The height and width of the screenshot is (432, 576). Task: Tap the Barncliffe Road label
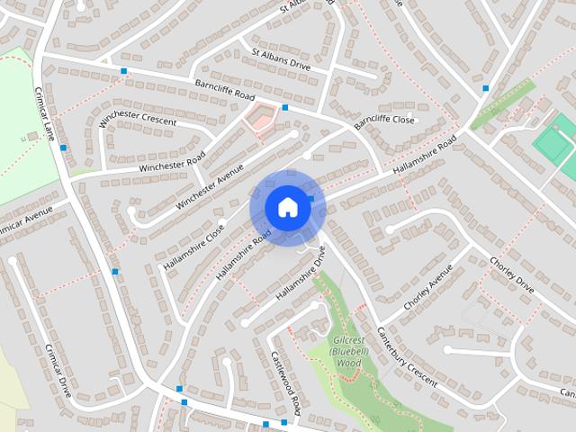224,90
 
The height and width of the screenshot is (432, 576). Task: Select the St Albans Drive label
280,59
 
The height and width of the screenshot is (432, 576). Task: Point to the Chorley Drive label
511,276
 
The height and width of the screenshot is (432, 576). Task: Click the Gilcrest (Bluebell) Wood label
348,352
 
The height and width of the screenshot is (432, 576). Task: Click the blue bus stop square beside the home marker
310,198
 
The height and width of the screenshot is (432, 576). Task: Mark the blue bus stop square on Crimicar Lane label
63,148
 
